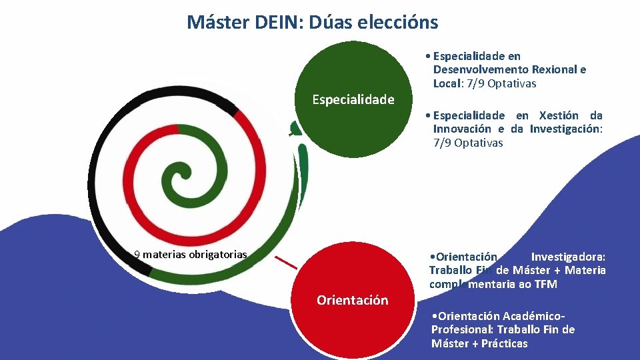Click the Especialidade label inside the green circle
click(x=353, y=100)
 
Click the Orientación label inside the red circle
click(x=352, y=300)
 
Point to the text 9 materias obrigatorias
click(x=191, y=254)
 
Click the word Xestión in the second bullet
click(x=559, y=115)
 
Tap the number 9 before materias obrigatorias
click(x=137, y=254)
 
